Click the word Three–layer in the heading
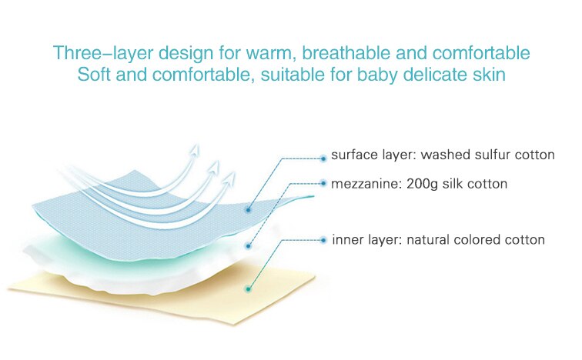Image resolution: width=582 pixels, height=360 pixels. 103,53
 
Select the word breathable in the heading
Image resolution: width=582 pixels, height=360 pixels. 346,52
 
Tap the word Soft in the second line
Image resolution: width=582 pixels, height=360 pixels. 94,74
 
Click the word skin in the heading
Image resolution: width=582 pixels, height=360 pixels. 489,74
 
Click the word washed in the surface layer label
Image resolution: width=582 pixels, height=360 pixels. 443,155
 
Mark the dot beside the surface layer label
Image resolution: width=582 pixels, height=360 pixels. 323,158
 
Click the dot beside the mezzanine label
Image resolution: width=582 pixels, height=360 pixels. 323,183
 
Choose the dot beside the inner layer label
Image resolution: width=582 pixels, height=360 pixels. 323,240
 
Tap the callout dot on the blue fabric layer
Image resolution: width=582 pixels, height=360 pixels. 248,210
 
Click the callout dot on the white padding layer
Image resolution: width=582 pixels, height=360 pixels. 249,246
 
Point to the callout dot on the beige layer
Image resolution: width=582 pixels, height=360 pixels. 249,289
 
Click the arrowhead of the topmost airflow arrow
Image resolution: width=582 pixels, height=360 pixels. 195,149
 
